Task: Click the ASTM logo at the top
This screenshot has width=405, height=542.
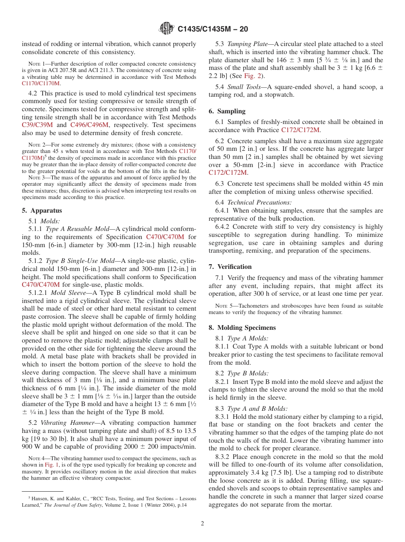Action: point(166,29)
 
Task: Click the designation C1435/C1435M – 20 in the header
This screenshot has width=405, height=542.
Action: point(212,29)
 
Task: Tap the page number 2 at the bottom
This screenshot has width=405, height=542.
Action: point(202,523)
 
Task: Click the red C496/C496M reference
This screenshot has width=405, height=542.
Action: point(89,125)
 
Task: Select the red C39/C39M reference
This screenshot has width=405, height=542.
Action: point(38,125)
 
